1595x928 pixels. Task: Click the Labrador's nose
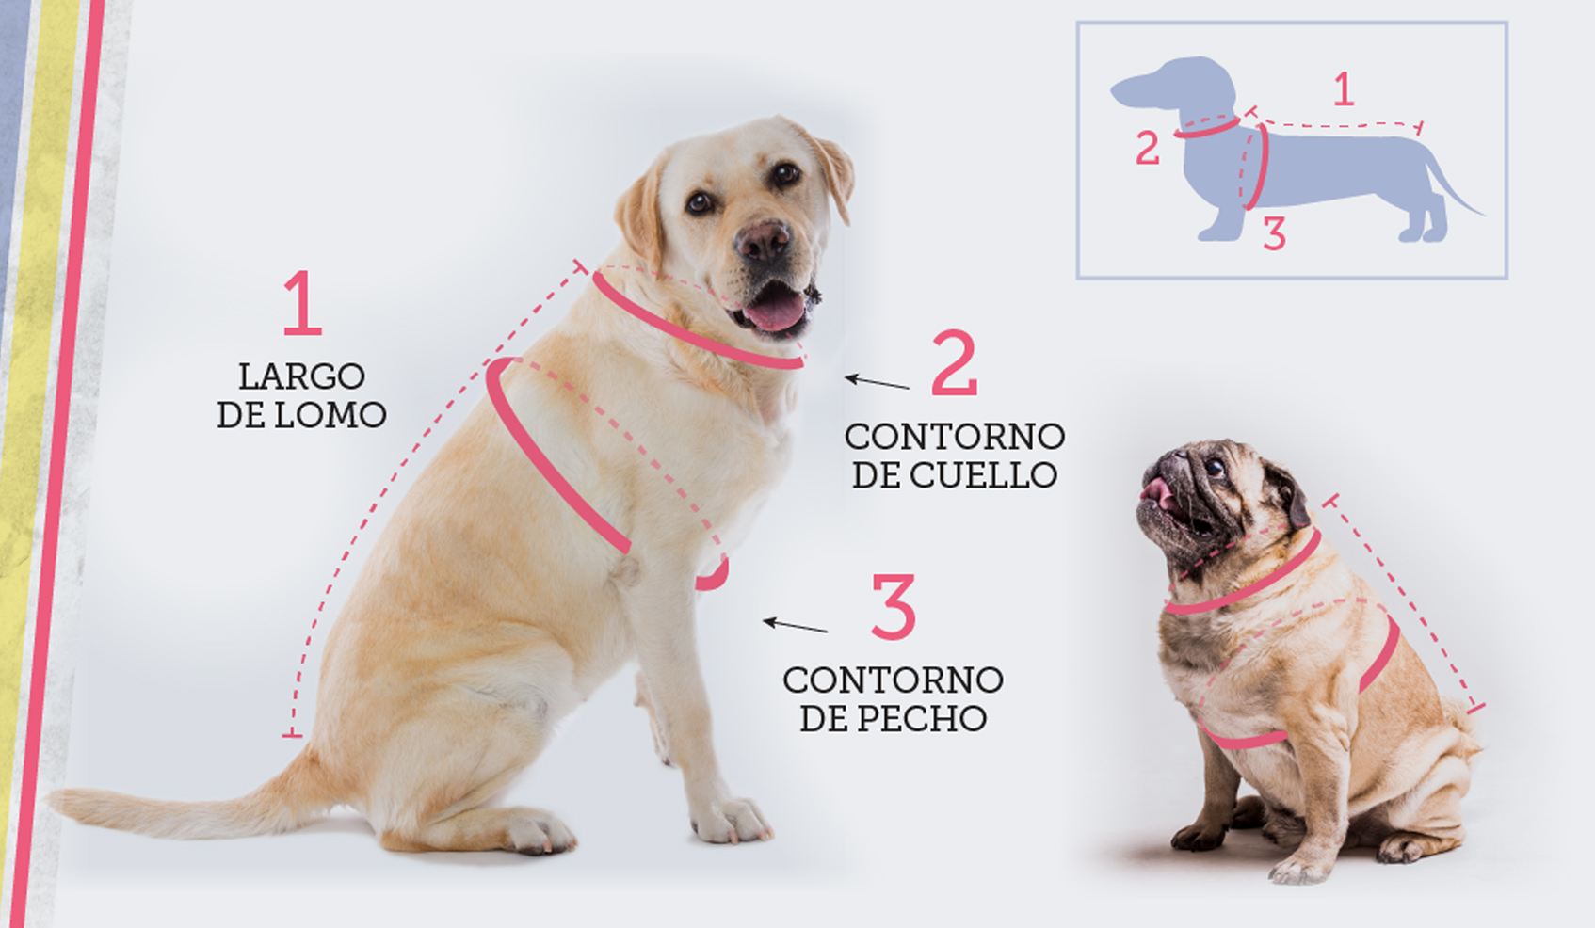click(764, 240)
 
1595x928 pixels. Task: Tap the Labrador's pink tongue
click(775, 312)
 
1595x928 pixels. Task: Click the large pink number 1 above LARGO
click(302, 302)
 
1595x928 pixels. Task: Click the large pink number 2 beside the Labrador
click(955, 362)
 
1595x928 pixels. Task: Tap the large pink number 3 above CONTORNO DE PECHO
click(894, 606)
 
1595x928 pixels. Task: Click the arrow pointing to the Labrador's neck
click(877, 382)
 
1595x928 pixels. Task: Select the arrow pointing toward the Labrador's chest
click(795, 626)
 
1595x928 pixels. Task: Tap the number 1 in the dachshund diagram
click(1343, 89)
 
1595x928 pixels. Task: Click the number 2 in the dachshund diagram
click(1147, 148)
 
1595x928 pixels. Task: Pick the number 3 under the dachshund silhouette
click(1274, 232)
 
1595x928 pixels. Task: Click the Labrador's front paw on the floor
click(731, 822)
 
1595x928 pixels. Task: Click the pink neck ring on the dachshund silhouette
click(1207, 128)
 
